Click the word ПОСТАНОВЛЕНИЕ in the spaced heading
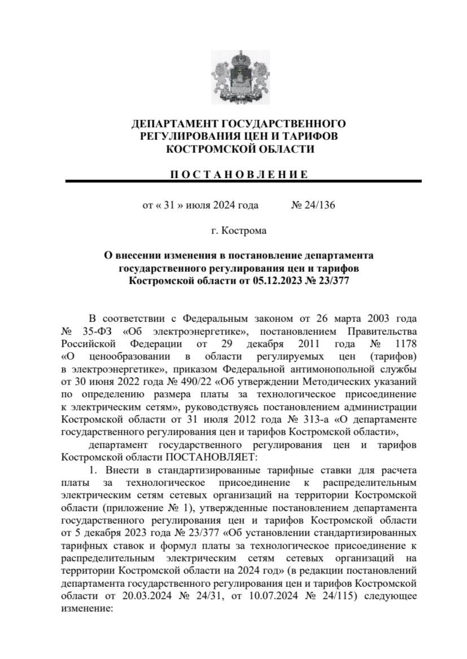coord(239,174)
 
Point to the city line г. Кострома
coord(239,230)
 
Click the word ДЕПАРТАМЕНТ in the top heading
coord(175,124)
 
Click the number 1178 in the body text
coord(406,344)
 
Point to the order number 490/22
coord(196,382)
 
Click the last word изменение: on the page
coord(87,608)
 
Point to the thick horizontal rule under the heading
coord(243,181)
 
